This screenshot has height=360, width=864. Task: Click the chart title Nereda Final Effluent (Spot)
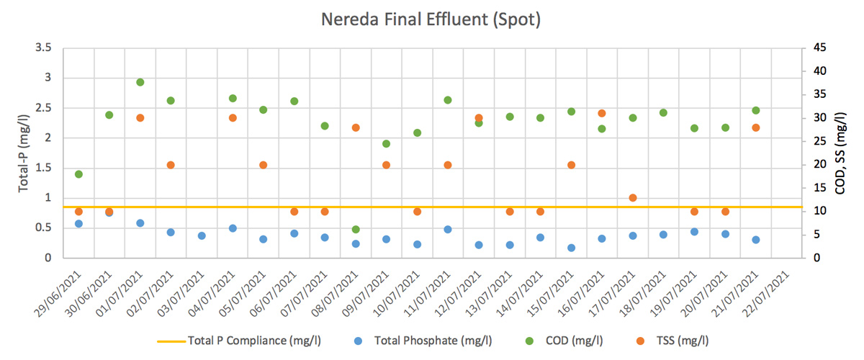click(431, 19)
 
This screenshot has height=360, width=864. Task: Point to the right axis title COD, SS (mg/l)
click(840, 152)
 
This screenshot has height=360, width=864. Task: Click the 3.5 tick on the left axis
click(42, 48)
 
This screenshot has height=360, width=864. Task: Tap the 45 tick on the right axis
click(819, 48)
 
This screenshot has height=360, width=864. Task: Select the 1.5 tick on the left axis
click(42, 168)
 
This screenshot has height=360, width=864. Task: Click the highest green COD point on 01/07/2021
click(140, 82)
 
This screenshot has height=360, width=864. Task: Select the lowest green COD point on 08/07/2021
click(356, 229)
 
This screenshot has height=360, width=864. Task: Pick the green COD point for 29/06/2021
click(78, 174)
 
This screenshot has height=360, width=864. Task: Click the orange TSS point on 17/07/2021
click(633, 197)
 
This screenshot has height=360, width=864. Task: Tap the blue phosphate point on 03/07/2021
click(202, 235)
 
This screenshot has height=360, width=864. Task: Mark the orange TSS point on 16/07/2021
click(602, 113)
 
